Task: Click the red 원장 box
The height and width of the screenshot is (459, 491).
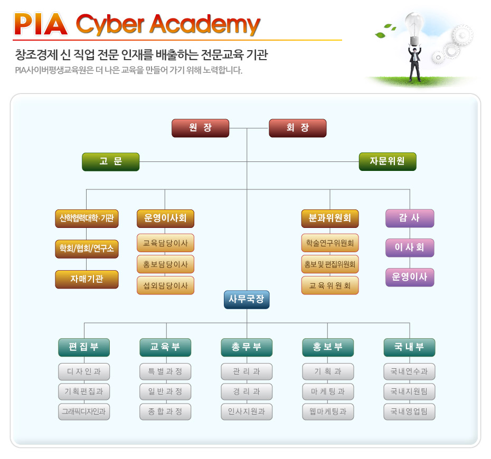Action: [x=200, y=128]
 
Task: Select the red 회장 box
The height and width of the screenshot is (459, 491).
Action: [x=297, y=128]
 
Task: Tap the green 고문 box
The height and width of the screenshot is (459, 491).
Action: [x=110, y=161]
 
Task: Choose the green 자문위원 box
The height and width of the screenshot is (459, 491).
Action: [x=388, y=161]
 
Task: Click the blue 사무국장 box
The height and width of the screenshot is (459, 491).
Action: [x=247, y=300]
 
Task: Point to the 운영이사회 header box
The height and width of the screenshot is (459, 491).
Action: [x=165, y=218]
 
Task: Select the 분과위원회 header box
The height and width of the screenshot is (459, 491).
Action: [x=330, y=218]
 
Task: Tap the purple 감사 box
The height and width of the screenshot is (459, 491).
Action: [x=410, y=218]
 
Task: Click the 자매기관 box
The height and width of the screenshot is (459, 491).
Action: [x=87, y=279]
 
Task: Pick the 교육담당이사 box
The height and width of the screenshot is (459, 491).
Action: [x=165, y=243]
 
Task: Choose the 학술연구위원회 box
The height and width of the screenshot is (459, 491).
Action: [x=330, y=243]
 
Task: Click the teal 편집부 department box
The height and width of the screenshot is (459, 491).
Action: [x=84, y=347]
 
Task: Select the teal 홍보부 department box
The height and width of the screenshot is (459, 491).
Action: [x=328, y=347]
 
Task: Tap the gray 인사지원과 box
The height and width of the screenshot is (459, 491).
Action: [x=247, y=412]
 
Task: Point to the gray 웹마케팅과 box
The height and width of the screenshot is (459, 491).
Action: [x=328, y=412]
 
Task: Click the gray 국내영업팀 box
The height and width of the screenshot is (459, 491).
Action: [x=409, y=412]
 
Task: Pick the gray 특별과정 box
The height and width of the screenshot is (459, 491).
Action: [x=165, y=372]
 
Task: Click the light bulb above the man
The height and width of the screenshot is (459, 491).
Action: [x=413, y=25]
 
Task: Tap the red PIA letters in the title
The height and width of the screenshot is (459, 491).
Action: [x=41, y=24]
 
